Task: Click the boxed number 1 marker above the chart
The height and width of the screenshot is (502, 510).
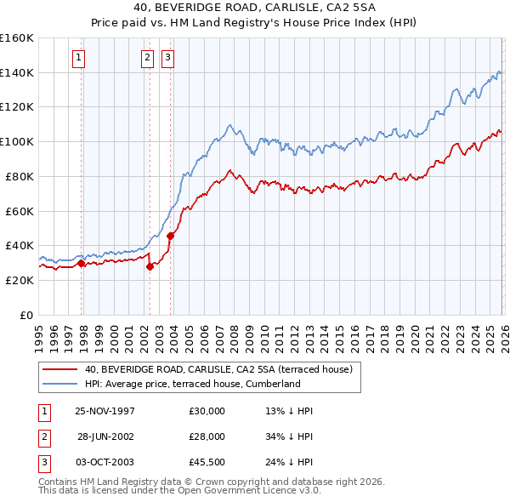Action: (78, 58)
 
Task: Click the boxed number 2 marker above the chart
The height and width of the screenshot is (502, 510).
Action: (147, 58)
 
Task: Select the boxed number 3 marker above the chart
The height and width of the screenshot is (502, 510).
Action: (167, 58)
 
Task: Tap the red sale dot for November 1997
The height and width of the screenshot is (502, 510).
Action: (82, 263)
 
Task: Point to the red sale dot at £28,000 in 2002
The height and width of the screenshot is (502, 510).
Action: (150, 266)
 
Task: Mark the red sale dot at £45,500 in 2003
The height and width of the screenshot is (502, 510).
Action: (170, 236)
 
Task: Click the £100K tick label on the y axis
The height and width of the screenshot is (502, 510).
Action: (17, 141)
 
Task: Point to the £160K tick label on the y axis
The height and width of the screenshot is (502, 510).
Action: (17, 38)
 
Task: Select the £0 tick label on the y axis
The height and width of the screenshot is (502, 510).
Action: (25, 314)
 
